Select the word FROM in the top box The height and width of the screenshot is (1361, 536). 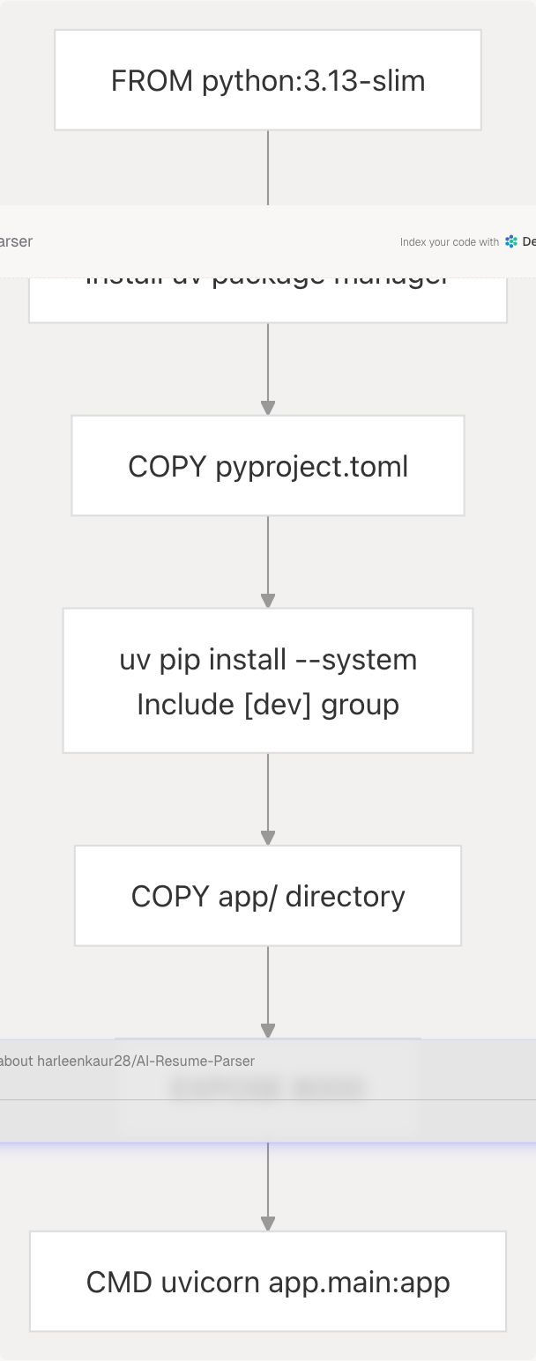[152, 81]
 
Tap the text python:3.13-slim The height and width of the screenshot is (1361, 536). [314, 81]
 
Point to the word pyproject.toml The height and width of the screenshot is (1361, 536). [312, 466]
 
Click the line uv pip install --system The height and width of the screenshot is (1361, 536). [268, 660]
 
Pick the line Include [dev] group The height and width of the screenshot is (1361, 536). [268, 705]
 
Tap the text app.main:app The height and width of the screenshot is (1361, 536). [359, 1283]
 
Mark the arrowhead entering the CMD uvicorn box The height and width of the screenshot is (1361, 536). [268, 1224]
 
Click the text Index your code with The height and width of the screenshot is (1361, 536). [449, 242]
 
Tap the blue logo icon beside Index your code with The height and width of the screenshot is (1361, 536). [511, 241]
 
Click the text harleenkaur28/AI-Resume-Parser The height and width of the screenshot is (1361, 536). [145, 1061]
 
